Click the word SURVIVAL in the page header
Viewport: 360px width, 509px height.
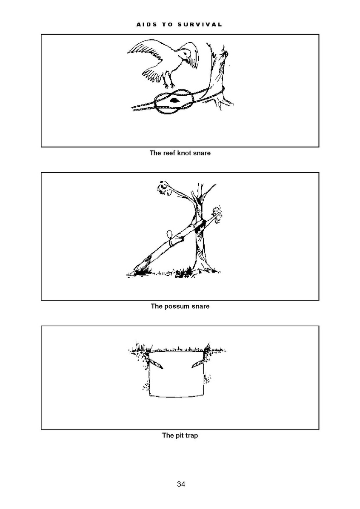200,25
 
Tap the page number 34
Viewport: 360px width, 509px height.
181,484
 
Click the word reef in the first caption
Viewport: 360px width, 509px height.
168,153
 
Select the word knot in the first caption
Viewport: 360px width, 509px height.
184,153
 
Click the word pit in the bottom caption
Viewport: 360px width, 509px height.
179,435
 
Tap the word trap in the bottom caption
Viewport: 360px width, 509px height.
191,435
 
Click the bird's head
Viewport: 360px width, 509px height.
185,54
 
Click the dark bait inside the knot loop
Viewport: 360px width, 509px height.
174,100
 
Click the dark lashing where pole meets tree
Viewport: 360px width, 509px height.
200,226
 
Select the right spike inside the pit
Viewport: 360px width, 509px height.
198,364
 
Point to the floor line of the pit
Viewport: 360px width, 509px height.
177,396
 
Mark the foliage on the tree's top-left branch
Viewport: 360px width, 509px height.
164,188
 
